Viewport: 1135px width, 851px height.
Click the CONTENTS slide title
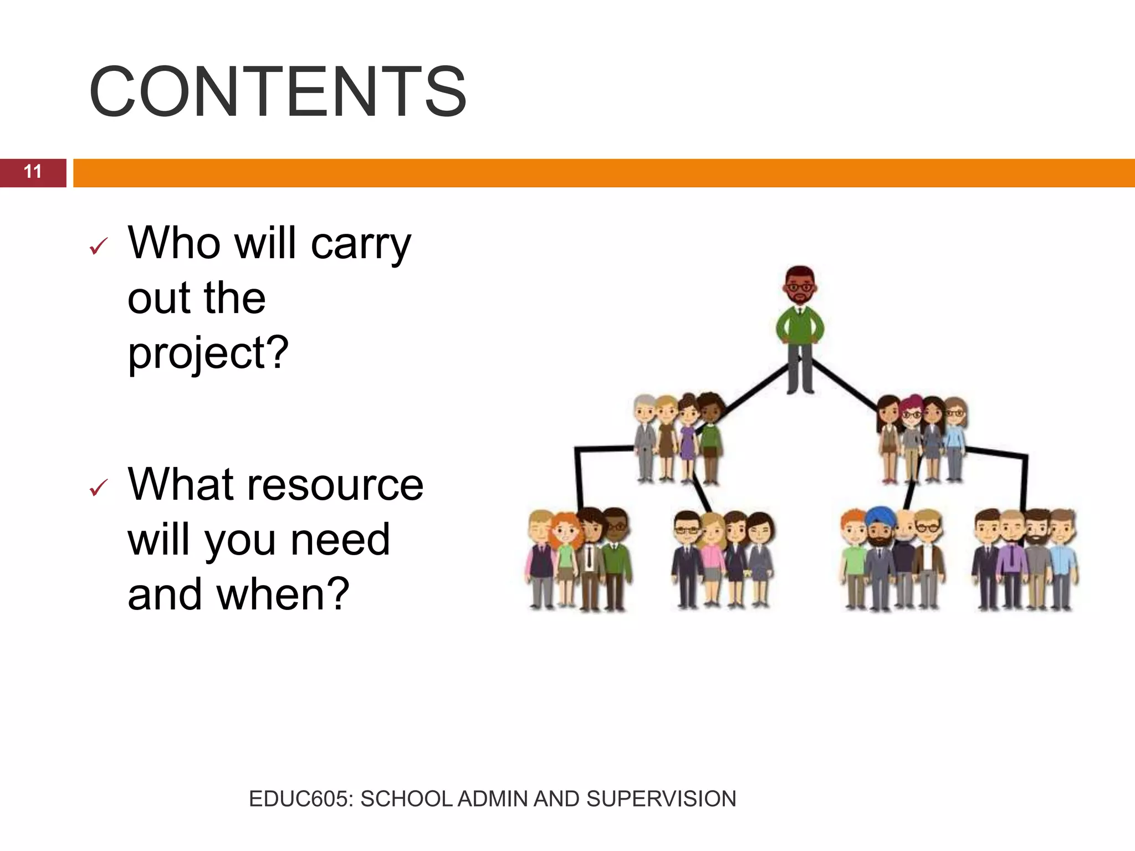pyautogui.click(x=277, y=91)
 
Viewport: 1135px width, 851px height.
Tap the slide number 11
pyautogui.click(x=33, y=172)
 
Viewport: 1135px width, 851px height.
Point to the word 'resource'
pyautogui.click(x=335, y=485)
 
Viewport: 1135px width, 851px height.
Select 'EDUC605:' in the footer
pyautogui.click(x=300, y=799)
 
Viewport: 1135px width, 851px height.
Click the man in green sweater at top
pyautogui.click(x=800, y=327)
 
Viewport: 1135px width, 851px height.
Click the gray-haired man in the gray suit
pyautogui.click(x=645, y=438)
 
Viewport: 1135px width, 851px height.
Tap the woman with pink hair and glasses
pyautogui.click(x=911, y=438)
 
